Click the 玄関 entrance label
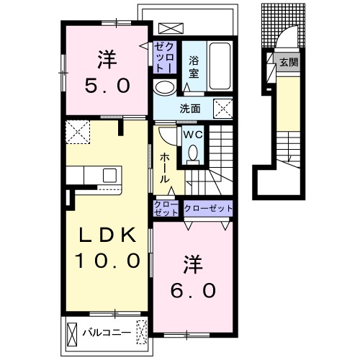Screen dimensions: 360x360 point(289,63)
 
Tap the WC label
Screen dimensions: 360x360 point(193,135)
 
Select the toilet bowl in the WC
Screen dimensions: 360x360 point(193,153)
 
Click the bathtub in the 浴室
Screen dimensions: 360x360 point(220,66)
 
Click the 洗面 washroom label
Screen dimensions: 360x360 point(190,109)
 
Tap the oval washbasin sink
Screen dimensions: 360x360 point(165,88)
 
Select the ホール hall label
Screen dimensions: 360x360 point(165,168)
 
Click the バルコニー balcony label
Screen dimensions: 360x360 point(107,333)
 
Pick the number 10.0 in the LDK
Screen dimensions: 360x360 point(107,261)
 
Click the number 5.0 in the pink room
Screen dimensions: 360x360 point(107,86)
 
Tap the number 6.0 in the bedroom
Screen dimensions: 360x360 point(193,290)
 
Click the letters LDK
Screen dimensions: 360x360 point(107,235)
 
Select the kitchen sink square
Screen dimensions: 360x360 point(109,175)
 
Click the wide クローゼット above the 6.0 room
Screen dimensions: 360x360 point(208,208)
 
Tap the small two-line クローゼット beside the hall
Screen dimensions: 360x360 point(166,208)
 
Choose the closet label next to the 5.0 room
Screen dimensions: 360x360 point(165,57)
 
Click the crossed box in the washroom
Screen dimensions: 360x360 point(223,109)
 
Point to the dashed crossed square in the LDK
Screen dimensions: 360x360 point(78,132)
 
